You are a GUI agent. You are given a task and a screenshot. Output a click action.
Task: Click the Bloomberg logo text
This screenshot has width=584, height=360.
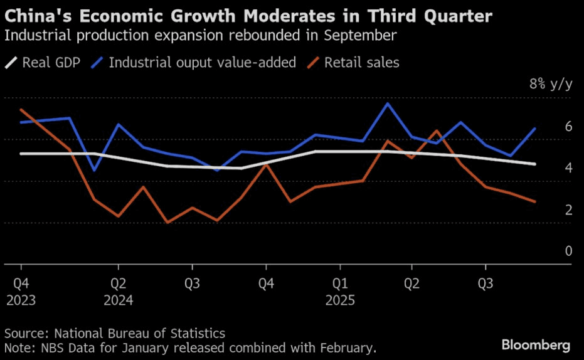536,345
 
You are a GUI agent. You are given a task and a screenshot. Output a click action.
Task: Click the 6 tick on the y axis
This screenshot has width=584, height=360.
568,126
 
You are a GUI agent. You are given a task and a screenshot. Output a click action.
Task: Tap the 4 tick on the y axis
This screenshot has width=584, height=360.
568,167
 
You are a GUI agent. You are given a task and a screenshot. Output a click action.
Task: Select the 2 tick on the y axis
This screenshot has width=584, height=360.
568,209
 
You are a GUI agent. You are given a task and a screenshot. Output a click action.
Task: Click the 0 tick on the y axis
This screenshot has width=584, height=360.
568,251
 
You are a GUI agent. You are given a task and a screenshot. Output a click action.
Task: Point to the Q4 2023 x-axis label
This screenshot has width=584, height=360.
21,292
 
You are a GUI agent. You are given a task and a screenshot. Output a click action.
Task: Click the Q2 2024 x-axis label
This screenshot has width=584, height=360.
118,292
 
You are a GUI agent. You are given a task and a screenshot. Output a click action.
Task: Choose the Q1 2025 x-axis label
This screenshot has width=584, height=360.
340,292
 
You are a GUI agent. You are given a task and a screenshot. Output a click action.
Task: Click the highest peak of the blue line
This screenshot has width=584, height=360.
388,103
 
